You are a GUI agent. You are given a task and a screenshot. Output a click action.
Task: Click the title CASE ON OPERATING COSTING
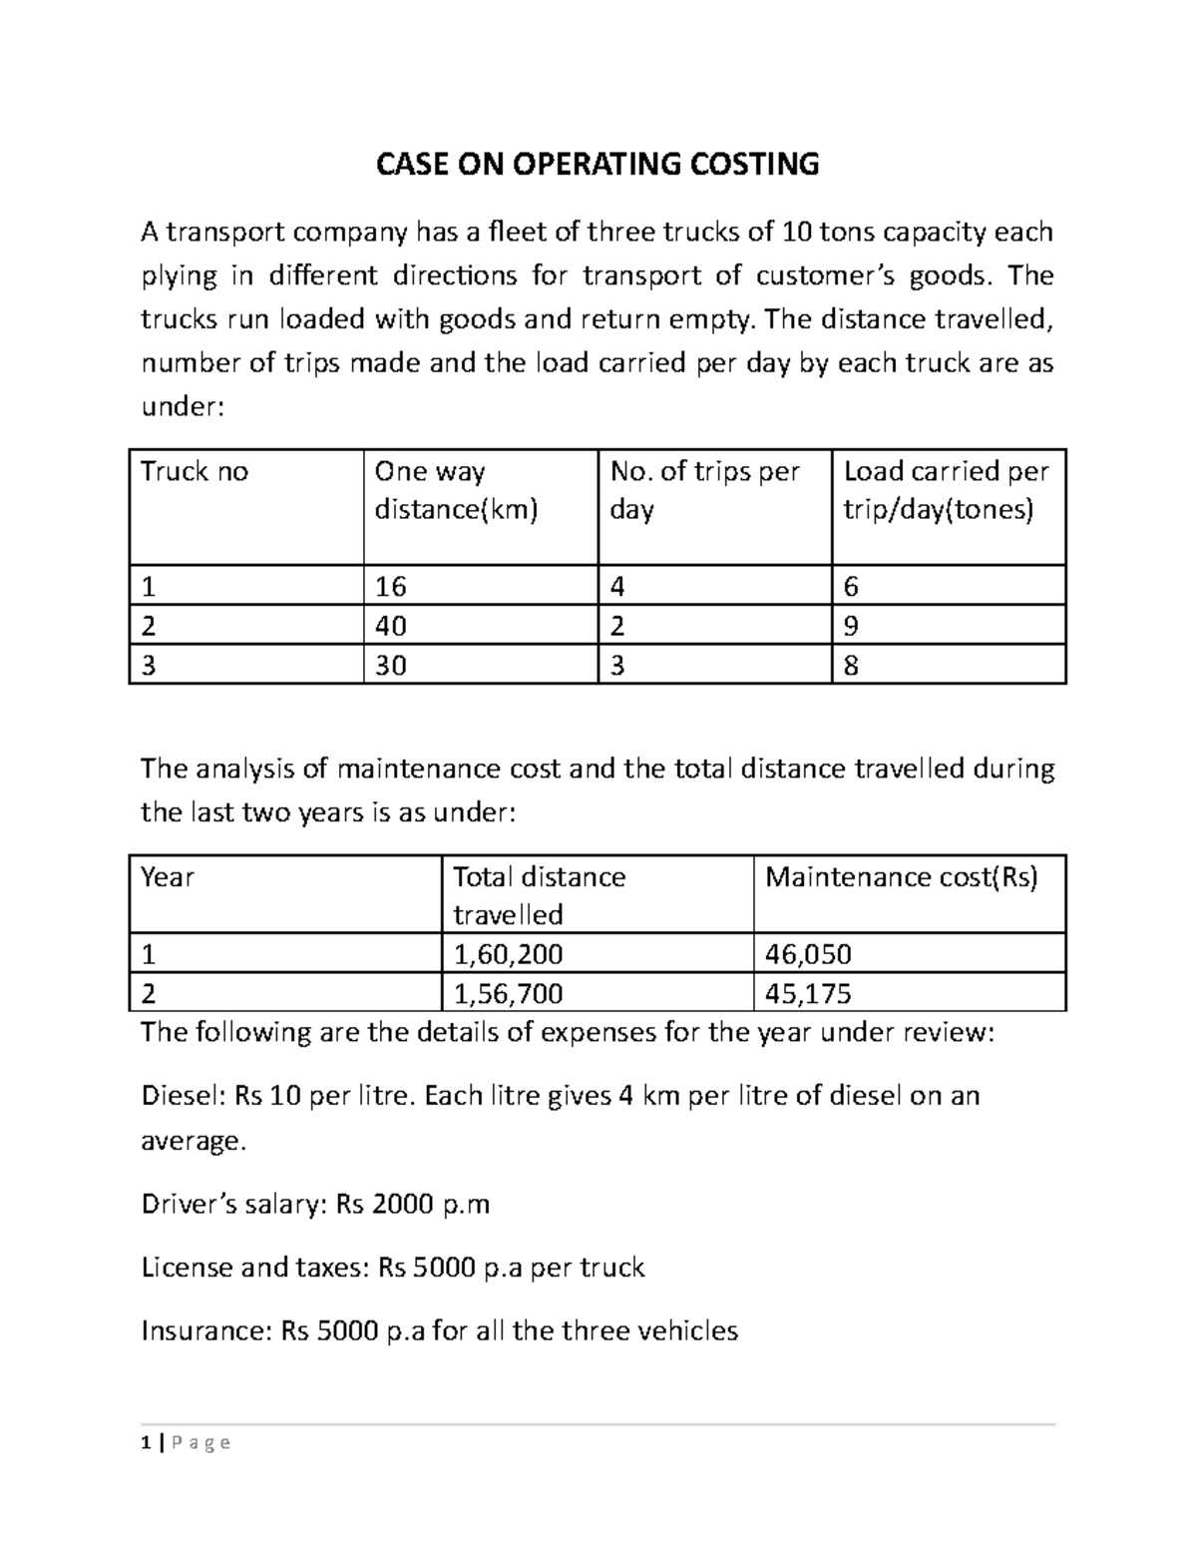pos(597,164)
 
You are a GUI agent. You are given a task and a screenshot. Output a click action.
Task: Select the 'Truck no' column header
pos(195,472)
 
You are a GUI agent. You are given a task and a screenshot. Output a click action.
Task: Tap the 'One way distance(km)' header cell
pos(456,490)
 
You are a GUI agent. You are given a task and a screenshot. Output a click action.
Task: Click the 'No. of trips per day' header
pos(704,490)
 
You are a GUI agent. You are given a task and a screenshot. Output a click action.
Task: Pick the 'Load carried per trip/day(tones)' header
pos(946,490)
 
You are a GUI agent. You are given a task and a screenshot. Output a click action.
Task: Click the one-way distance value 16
pos(390,587)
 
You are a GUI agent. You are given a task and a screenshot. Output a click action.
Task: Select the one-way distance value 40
pos(390,627)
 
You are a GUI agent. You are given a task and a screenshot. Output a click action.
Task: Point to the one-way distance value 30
pos(390,666)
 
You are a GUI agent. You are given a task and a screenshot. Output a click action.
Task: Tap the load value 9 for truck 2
pos(851,627)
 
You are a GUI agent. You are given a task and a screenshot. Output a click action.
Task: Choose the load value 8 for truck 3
pos(851,666)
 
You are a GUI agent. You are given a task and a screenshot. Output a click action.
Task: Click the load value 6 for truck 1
pos(851,587)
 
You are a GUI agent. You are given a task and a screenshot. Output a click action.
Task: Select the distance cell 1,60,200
pos(508,955)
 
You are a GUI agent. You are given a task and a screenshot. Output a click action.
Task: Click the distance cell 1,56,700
pos(508,994)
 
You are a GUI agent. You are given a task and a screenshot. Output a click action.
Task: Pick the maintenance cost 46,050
pos(808,955)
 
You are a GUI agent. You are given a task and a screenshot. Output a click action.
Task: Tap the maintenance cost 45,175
pos(808,994)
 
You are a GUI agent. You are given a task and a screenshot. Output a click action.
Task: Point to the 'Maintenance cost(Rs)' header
pos(901,877)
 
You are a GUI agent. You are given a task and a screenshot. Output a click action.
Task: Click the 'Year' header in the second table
pos(168,877)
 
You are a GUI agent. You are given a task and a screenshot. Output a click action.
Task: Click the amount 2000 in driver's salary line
pos(404,1205)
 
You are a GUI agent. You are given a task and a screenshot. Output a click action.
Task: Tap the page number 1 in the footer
pos(147,1442)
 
